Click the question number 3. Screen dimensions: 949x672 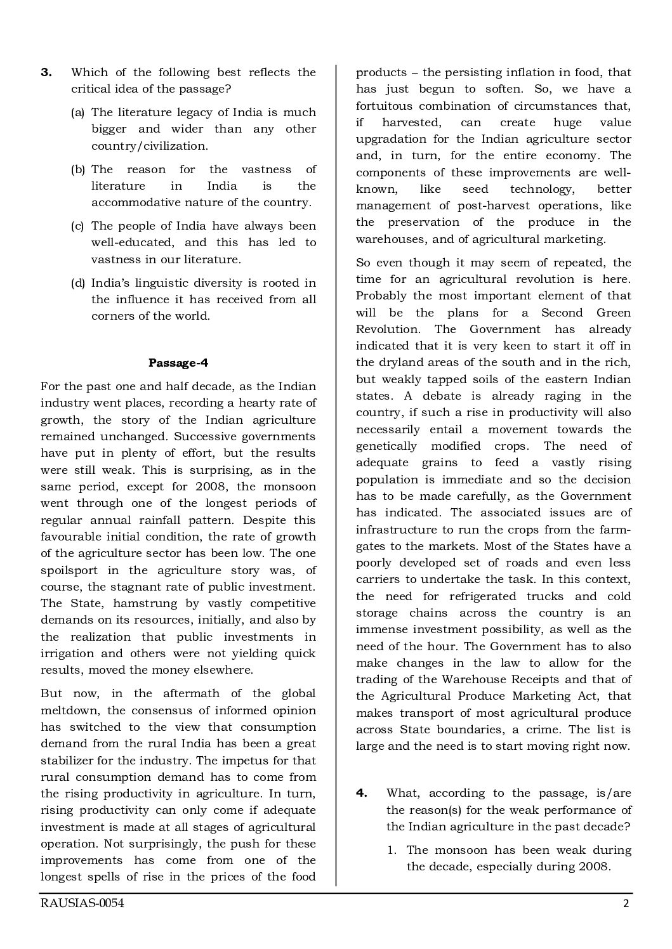(x=46, y=72)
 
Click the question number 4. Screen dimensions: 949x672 (x=361, y=793)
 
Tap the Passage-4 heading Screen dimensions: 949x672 (x=178, y=363)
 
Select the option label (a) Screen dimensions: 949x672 (x=77, y=112)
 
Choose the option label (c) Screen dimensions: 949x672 (x=77, y=226)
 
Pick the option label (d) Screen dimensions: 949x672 (x=77, y=283)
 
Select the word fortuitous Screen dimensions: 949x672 (x=383, y=106)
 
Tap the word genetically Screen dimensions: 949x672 (x=386, y=446)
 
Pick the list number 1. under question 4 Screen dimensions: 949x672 (x=392, y=850)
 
